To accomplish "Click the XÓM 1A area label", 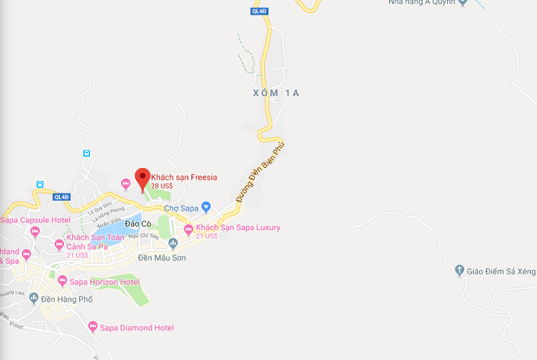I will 275,93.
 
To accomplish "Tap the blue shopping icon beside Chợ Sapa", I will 206,207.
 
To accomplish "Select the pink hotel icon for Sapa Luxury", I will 188,228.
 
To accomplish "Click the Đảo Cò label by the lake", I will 139,224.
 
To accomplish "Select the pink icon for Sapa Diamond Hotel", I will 93,327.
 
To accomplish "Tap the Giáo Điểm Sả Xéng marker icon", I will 458,271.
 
